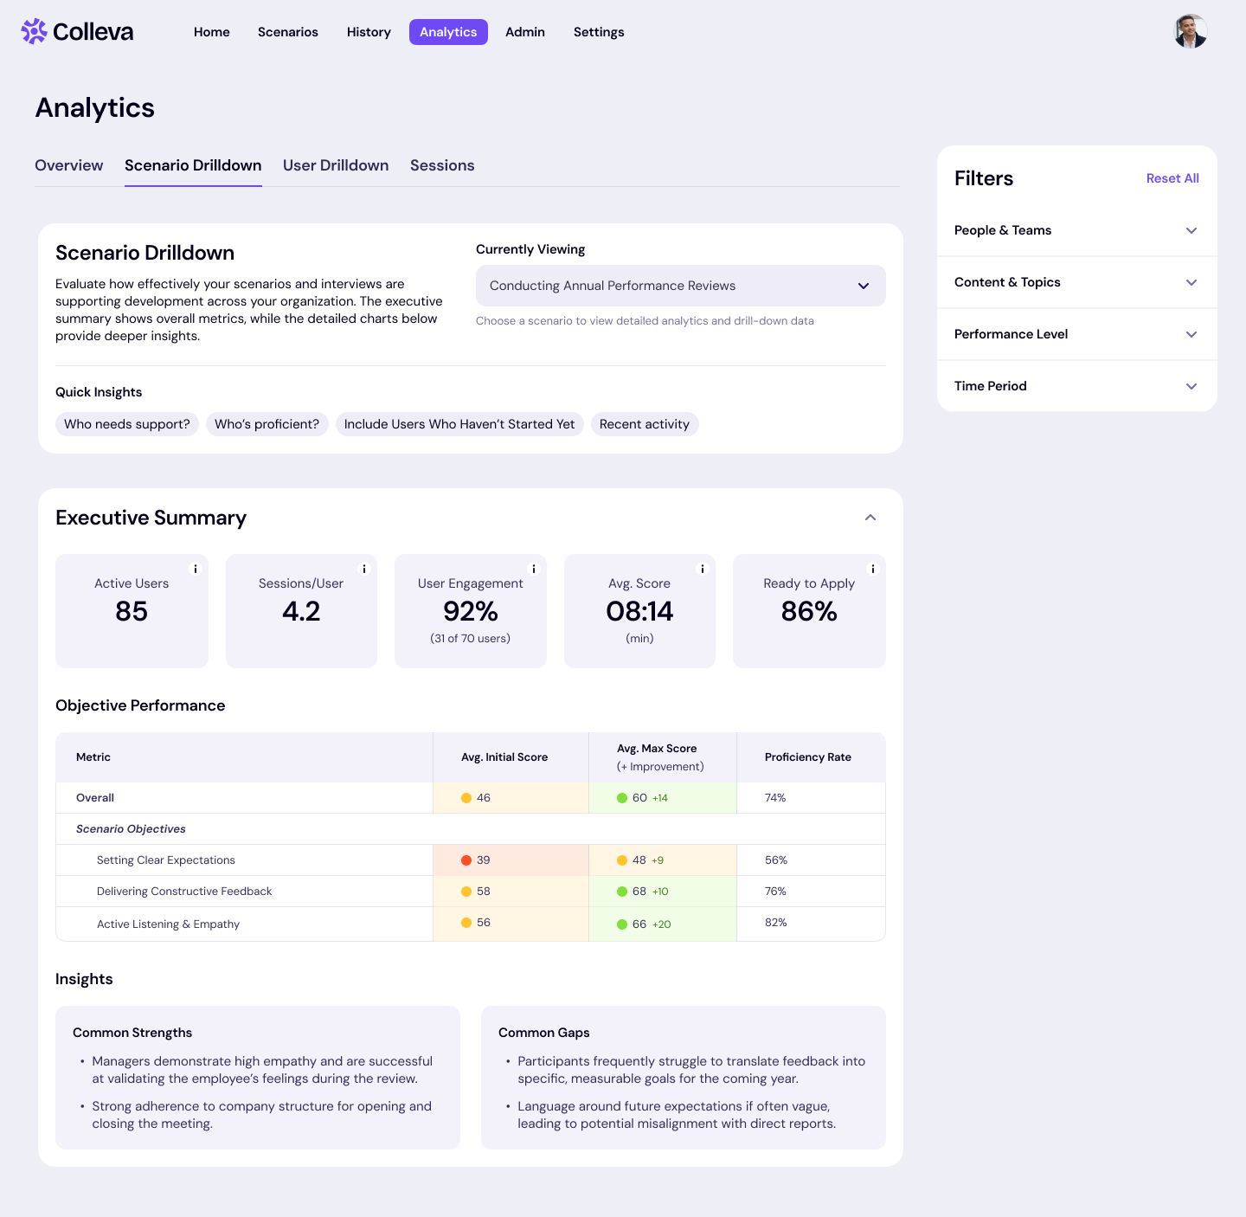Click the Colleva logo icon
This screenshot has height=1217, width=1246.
(x=34, y=32)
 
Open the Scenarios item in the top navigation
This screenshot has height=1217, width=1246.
(x=288, y=32)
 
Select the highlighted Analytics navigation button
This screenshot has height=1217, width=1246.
(x=448, y=32)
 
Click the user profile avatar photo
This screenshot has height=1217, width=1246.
(x=1190, y=31)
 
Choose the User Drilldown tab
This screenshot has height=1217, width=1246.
(x=336, y=165)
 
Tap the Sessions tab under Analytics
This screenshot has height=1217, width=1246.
(x=442, y=165)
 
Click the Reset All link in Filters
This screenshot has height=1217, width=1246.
(x=1172, y=178)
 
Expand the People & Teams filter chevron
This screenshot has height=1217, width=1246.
(x=1191, y=230)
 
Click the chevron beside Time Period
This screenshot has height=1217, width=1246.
(x=1191, y=386)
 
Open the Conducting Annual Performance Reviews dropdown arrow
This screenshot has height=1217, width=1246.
(x=863, y=286)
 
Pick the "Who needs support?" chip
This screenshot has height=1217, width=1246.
(x=127, y=424)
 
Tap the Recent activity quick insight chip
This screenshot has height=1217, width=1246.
(x=645, y=424)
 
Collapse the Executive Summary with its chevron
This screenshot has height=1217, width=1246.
(x=870, y=518)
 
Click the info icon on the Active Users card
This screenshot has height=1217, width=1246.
(x=196, y=569)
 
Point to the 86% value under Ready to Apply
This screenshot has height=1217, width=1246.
(x=809, y=612)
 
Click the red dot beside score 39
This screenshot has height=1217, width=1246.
(x=466, y=860)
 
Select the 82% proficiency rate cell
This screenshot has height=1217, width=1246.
(x=776, y=923)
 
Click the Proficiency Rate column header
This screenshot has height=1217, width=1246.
(x=808, y=757)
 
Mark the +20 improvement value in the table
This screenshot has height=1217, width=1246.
(x=661, y=924)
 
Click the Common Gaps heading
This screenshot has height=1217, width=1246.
(x=544, y=1033)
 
